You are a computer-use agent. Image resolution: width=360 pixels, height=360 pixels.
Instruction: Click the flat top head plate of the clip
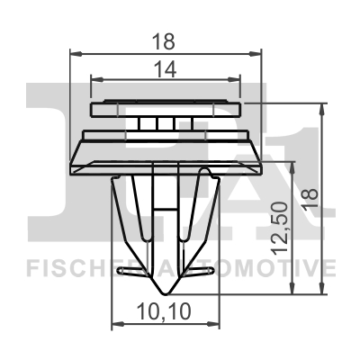point(167,108)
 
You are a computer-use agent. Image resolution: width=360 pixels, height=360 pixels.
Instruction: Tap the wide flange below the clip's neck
point(167,148)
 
